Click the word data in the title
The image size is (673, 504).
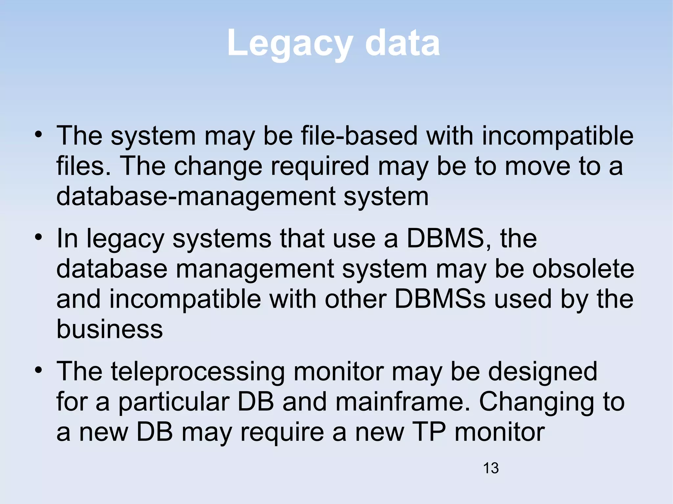click(x=402, y=43)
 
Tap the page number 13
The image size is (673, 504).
click(x=491, y=468)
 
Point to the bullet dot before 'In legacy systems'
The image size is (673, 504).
click(x=39, y=237)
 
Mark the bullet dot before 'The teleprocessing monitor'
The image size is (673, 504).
click(x=39, y=370)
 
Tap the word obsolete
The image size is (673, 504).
click(x=583, y=269)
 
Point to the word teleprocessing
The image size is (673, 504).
click(x=198, y=372)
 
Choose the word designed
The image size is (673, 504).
click(x=543, y=372)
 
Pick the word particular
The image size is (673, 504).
click(x=174, y=402)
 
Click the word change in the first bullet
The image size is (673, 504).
click(x=218, y=166)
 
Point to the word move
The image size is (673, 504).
click(x=537, y=166)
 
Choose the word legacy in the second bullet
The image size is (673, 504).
click(x=125, y=239)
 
